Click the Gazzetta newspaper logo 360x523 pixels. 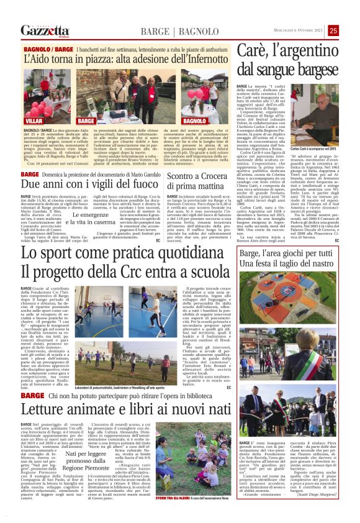coord(44,30)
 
